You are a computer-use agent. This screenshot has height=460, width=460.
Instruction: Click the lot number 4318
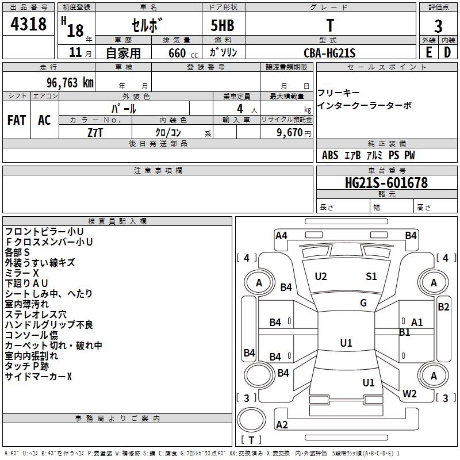point(29,25)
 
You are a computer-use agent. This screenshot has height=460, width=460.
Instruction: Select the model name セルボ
point(148,26)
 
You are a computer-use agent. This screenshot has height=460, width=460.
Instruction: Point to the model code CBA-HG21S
point(329,53)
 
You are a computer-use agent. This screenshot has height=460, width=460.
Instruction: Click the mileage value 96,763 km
point(67,82)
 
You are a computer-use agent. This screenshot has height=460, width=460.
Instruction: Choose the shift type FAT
point(16,120)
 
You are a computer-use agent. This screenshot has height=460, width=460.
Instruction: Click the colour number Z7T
point(95,132)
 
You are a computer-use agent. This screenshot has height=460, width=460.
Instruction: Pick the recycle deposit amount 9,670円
point(293,132)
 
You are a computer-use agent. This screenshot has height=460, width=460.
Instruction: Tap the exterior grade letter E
point(428,52)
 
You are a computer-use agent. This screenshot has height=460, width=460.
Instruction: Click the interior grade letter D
point(447,52)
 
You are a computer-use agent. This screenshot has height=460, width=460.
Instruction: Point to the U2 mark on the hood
point(321,277)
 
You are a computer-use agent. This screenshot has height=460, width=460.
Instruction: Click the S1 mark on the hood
point(371,277)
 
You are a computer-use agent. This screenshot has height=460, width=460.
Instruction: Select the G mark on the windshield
point(363,303)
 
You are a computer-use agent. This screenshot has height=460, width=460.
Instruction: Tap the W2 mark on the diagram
point(409,394)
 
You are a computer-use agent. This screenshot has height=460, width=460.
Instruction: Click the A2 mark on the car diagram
point(282,425)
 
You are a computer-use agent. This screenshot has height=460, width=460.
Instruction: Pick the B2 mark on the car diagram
point(443,306)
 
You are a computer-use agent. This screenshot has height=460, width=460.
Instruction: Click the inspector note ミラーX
point(22,273)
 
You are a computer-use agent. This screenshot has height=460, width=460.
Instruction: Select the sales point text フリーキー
point(339,93)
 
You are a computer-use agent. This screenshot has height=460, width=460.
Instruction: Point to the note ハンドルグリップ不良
point(49,325)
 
